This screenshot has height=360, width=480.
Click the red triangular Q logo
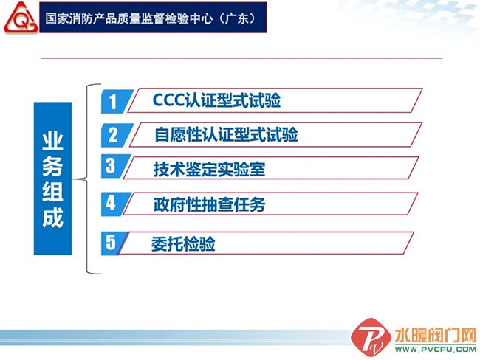[21, 18]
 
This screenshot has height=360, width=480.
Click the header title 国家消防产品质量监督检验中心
[129, 18]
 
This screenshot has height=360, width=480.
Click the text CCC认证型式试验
[216, 100]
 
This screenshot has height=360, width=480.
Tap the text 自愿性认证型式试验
[226, 134]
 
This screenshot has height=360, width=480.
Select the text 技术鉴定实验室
[209, 169]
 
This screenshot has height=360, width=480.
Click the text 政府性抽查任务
[209, 204]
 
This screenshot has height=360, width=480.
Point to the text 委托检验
[183, 244]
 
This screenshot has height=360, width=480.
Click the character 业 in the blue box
[52, 141]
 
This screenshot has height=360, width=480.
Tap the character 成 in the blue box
[52, 218]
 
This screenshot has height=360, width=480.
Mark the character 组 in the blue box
[52, 192]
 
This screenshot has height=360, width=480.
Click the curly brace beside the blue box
[87, 179]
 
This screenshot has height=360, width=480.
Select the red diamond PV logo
[371, 337]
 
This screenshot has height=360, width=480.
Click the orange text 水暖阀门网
[436, 335]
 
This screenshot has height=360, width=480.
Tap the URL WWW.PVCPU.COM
[436, 349]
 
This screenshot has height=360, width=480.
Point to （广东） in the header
[240, 18]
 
